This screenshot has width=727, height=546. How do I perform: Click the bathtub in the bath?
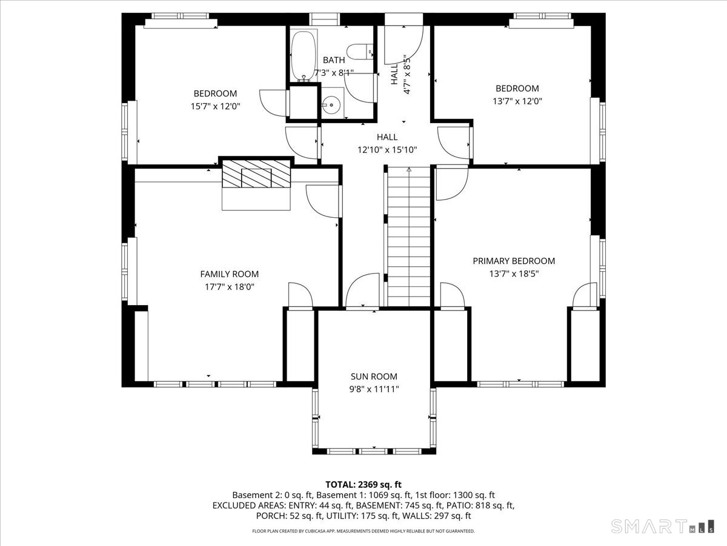(x=303, y=56)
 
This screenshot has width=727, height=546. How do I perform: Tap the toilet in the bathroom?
(x=360, y=52)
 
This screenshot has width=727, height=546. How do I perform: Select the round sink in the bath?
(x=331, y=104)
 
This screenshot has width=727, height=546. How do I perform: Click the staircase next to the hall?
(x=409, y=237)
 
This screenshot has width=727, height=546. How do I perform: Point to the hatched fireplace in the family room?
(x=256, y=174)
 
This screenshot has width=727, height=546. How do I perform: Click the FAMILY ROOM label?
(x=229, y=274)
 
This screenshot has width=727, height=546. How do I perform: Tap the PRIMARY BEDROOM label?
(x=514, y=261)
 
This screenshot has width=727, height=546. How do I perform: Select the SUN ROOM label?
(x=374, y=376)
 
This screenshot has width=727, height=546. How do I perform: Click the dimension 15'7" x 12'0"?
(x=215, y=106)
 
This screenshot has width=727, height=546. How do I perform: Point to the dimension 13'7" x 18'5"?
(x=514, y=274)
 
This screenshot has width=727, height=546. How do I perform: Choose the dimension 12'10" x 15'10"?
(x=387, y=150)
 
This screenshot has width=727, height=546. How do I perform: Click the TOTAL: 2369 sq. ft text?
(x=363, y=485)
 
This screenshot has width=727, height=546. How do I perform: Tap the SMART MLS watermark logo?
(x=662, y=527)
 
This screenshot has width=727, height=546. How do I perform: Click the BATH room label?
(x=334, y=60)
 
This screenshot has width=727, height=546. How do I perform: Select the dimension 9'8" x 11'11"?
(x=374, y=389)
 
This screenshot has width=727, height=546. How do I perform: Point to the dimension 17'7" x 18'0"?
(x=229, y=287)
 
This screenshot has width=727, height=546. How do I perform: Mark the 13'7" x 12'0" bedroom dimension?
(x=517, y=101)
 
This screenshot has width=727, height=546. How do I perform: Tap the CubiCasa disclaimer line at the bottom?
(x=363, y=531)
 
